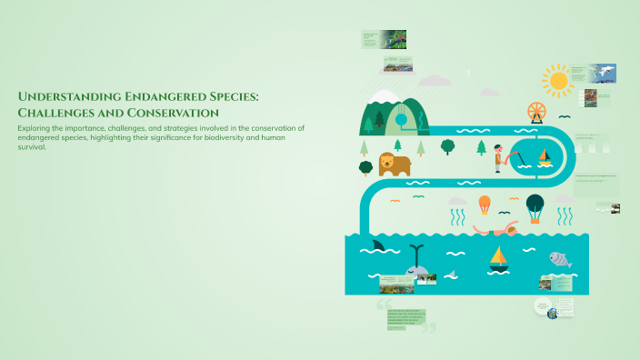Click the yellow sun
click(558, 81)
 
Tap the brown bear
click(395, 164)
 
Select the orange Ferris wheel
click(537, 112)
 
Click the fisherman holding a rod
click(499, 157)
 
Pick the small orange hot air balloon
click(485, 204)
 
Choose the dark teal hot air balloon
click(535, 205)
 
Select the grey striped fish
click(560, 260)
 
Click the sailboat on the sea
click(498, 258)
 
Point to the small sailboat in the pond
click(545, 156)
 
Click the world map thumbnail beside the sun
click(600, 74)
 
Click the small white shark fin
click(450, 274)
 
